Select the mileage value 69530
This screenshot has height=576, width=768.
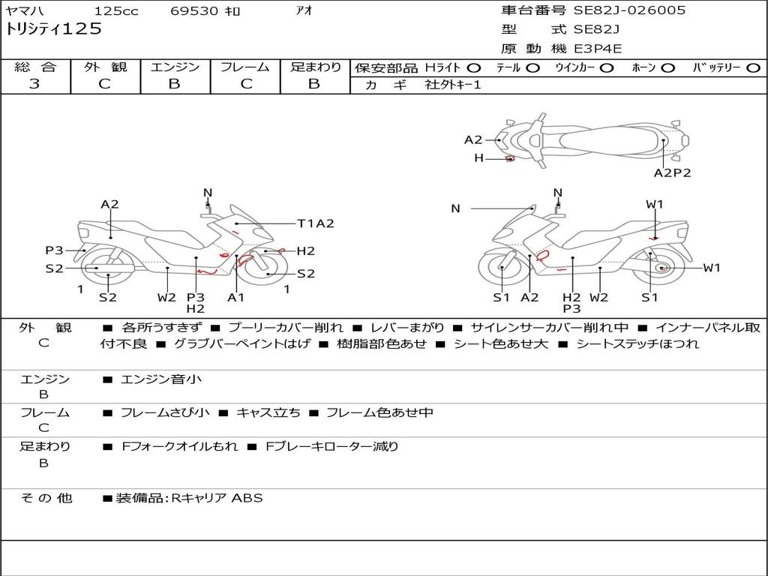(194, 11)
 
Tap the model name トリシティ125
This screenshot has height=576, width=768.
(53, 30)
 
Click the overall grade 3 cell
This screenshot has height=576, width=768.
(35, 84)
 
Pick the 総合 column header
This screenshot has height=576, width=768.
(35, 67)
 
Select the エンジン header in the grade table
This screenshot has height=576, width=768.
(175, 67)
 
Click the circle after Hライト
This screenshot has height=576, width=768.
(474, 67)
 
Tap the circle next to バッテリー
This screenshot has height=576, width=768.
(754, 67)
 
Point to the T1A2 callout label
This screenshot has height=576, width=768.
(315, 223)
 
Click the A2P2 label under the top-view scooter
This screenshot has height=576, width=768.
(672, 172)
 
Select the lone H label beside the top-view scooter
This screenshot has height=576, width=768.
(478, 158)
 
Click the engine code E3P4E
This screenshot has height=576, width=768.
(598, 49)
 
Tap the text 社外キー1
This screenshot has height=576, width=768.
(453, 85)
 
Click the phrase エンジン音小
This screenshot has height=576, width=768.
(161, 379)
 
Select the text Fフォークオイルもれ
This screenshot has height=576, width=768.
(180, 446)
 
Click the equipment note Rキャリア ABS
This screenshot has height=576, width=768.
(217, 498)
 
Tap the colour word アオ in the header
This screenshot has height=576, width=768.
(304, 11)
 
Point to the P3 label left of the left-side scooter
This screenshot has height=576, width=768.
(54, 250)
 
